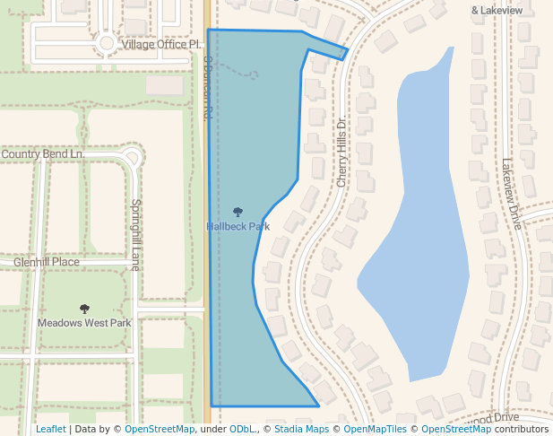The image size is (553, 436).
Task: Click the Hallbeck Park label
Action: pos(238,227)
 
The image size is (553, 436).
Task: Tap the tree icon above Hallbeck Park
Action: pos(238,213)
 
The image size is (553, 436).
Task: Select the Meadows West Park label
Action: pos(84,323)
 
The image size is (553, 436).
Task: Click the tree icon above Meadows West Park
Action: pos(84,309)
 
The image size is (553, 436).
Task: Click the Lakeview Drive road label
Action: pos(511,195)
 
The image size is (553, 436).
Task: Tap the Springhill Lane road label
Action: pos(136,234)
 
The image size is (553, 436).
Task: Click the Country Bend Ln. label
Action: pos(43,154)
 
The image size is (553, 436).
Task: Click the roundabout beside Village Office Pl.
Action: pos(107,42)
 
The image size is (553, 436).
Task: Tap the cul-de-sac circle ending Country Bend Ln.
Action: pos(133,159)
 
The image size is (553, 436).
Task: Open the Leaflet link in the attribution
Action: pos(50,429)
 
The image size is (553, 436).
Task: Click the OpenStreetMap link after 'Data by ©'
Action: pos(160,429)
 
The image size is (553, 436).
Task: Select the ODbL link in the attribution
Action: pos(242,429)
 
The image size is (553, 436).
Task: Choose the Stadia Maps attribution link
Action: pos(301,429)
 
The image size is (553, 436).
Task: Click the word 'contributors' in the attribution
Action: pos(522,429)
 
